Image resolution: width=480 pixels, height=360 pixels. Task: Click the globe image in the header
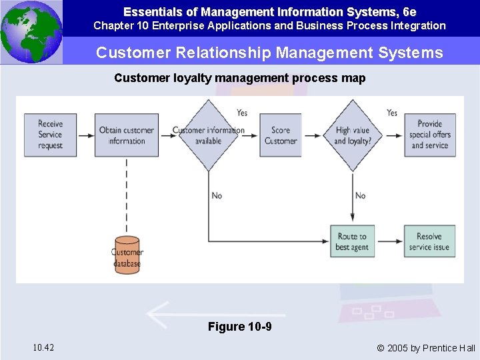[31, 31]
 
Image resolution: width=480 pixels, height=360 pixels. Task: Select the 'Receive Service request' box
[50, 135]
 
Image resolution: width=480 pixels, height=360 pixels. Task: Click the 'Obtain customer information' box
[127, 135]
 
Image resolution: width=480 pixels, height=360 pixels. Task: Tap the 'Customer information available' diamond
[209, 135]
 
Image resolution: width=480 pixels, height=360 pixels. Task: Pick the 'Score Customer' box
[281, 135]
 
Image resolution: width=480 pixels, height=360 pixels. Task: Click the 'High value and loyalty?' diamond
[353, 135]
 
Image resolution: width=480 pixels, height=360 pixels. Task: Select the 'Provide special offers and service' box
[430, 135]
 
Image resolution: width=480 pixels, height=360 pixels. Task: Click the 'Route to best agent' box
[352, 241]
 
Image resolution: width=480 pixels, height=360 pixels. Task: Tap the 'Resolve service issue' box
[429, 241]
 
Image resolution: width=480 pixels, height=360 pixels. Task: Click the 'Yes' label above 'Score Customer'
[242, 113]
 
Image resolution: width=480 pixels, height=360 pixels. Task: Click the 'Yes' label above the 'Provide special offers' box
[392, 113]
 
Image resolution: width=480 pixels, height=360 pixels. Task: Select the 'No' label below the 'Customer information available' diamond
[217, 195]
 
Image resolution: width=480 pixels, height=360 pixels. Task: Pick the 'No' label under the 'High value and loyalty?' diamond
[360, 195]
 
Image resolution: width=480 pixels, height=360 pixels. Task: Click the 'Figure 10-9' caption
[239, 327]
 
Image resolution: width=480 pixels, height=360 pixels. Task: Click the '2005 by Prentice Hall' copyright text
[426, 347]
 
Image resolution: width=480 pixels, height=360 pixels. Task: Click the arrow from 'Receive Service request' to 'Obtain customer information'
[85, 135]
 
